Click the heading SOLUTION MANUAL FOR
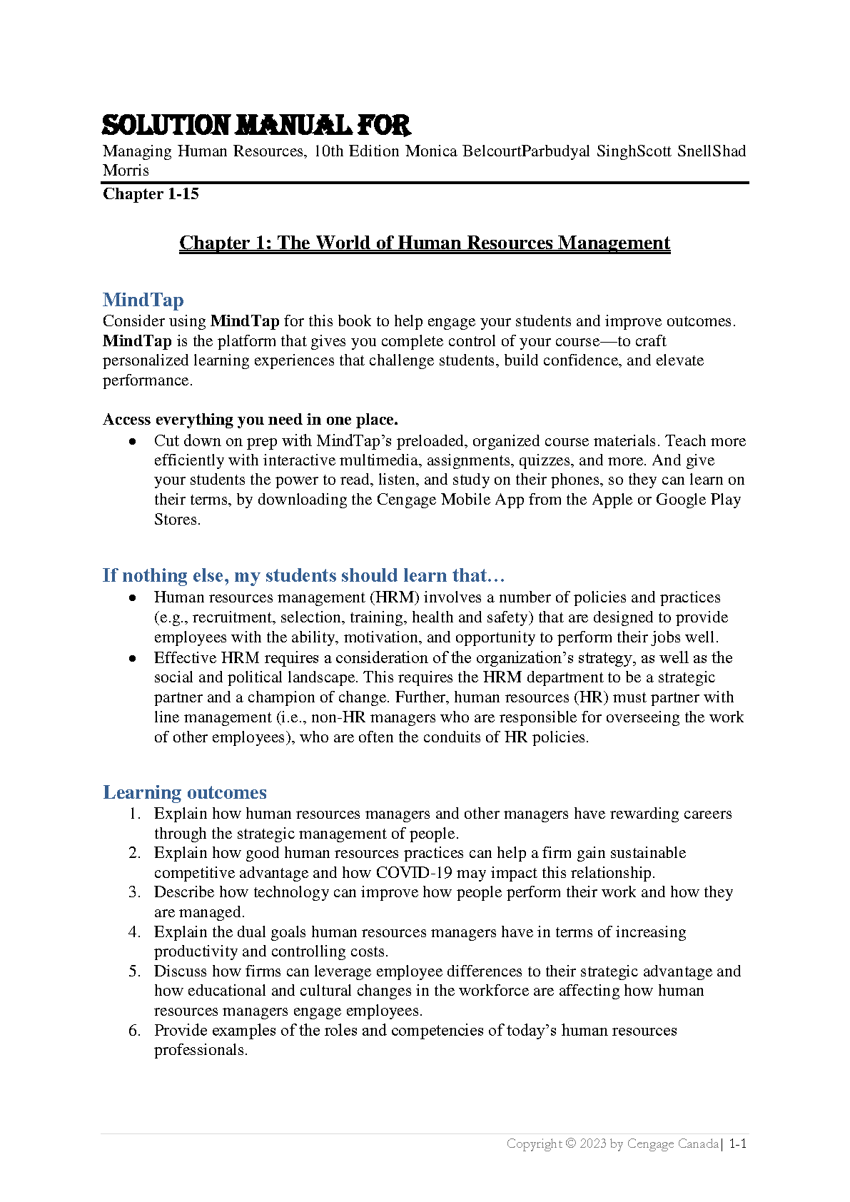255,126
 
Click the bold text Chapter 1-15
151,194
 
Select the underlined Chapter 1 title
425,243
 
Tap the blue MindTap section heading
143,300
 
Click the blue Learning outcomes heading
185,792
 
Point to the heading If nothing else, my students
303,575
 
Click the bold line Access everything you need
251,419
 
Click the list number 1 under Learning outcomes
134,814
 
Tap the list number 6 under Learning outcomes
134,1031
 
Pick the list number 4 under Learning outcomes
134,932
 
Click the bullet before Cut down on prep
133,442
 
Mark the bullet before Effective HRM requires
133,658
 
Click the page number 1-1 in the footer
737,1143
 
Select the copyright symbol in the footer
570,1143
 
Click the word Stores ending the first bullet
176,520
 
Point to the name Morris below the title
126,171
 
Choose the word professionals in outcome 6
200,1050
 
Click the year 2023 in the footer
592,1143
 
